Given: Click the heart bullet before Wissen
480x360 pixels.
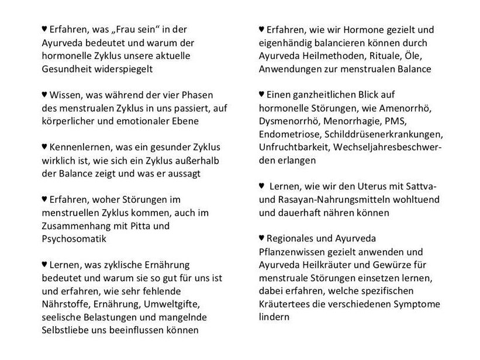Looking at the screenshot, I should (44, 94).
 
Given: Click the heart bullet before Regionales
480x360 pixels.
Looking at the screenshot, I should (262, 238).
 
